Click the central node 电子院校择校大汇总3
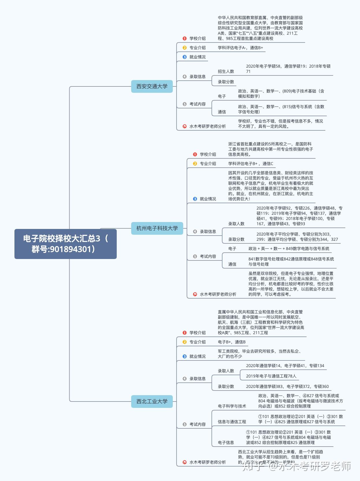(x=66, y=244)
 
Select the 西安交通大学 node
(x=152, y=86)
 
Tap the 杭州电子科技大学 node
(x=157, y=228)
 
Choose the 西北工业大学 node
(x=152, y=402)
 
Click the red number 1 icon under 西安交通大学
(x=185, y=38)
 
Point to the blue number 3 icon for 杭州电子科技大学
(x=195, y=199)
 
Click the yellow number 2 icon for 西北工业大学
(x=185, y=342)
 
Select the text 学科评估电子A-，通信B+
(x=240, y=48)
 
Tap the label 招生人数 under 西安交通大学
(x=226, y=71)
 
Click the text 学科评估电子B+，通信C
(x=250, y=164)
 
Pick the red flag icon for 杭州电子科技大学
(x=195, y=294)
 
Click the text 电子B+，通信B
(x=232, y=342)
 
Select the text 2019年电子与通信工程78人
(x=271, y=376)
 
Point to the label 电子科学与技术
(x=232, y=406)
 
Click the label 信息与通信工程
(x=232, y=422)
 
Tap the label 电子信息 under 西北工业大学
(x=226, y=443)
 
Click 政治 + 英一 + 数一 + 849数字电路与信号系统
(x=289, y=249)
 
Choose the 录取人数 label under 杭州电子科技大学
(x=236, y=224)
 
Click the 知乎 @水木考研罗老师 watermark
(x=297, y=466)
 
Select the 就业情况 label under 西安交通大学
(x=198, y=57)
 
